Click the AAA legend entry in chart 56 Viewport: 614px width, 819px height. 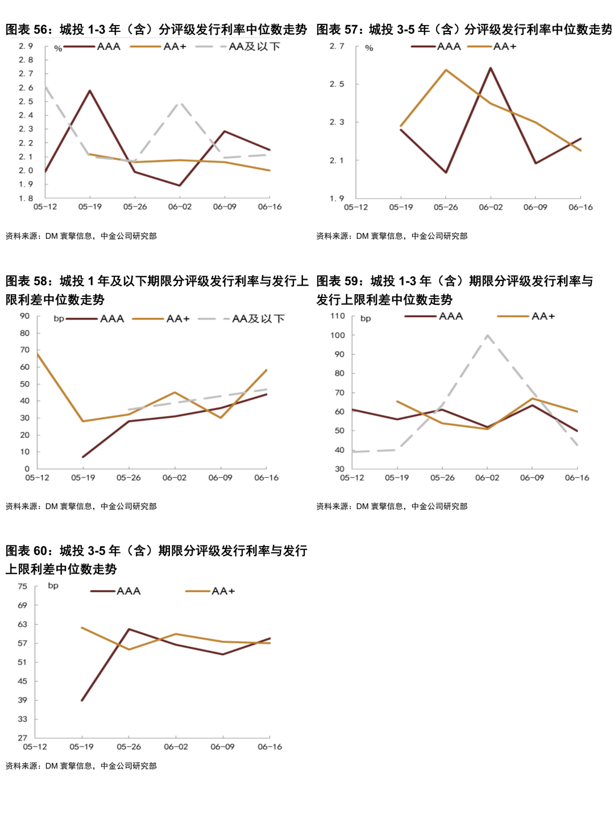[x=108, y=47]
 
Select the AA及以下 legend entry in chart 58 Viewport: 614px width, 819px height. [x=258, y=319]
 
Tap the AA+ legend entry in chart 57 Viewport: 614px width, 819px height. [x=504, y=47]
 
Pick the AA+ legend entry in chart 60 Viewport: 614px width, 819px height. [x=223, y=591]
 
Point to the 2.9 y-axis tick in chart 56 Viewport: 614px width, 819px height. [x=26, y=46]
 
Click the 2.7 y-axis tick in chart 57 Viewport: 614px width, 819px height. [x=337, y=46]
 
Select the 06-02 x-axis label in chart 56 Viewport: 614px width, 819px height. [x=180, y=207]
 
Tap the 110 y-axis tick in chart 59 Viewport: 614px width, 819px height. [x=338, y=316]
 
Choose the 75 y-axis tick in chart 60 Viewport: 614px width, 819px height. [x=22, y=586]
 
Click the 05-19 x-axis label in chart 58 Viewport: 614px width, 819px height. [x=83, y=478]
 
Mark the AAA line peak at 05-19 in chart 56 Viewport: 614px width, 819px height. [x=90, y=90]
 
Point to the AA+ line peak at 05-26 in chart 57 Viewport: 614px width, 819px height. [x=446, y=70]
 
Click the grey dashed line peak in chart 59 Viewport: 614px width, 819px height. [x=487, y=335]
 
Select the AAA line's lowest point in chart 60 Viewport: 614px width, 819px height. [x=82, y=700]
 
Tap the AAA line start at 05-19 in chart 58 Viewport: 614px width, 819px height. [x=83, y=457]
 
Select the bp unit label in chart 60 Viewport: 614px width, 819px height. [x=53, y=586]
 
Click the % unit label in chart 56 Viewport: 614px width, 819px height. [x=58, y=49]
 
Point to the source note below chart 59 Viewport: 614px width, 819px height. [x=392, y=506]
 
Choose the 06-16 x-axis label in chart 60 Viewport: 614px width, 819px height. [x=269, y=747]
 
